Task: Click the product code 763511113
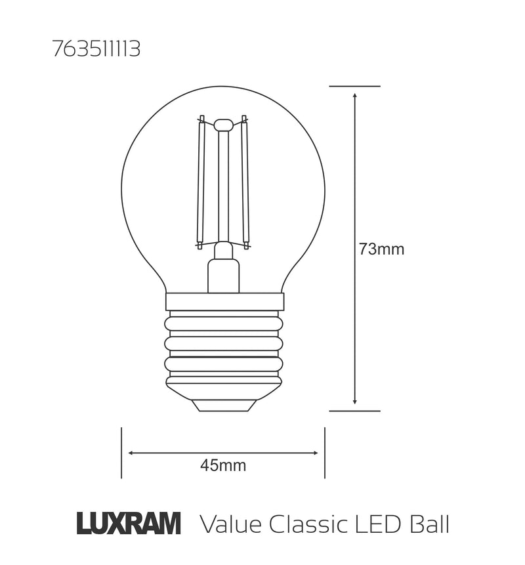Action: pos(96,51)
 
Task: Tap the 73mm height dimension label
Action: pos(381,249)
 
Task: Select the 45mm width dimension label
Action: pos(223,466)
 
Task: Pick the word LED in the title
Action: pos(379,524)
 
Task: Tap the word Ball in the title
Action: pos(429,524)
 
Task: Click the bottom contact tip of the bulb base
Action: pos(223,405)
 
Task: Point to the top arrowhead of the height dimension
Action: pos(354,96)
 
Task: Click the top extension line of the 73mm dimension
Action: pos(354,86)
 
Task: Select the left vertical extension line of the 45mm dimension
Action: pos(121,453)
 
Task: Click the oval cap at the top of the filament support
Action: pos(223,124)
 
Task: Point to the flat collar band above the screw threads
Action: pos(224,301)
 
